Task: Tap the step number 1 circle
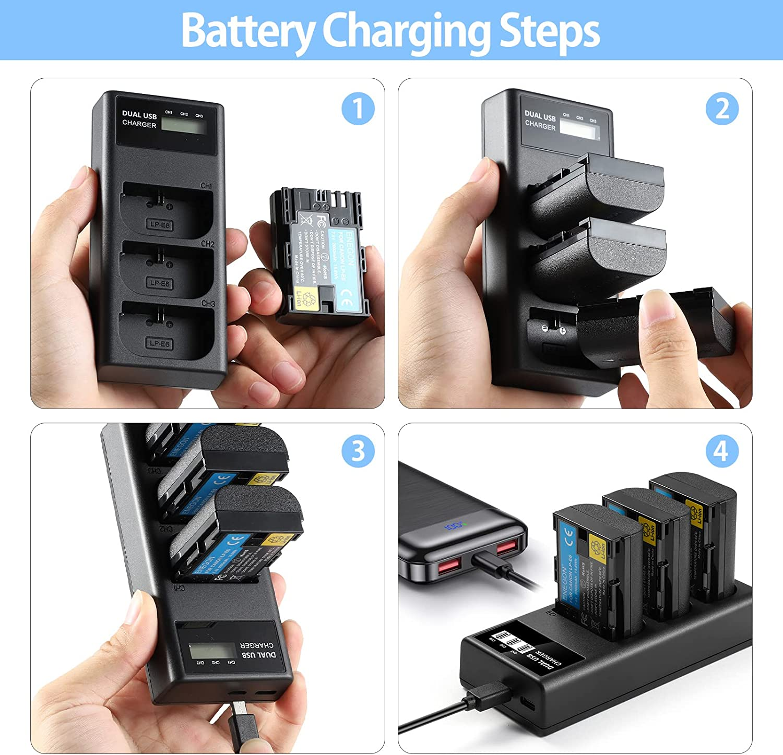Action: [x=358, y=109]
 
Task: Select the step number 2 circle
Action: [x=722, y=109]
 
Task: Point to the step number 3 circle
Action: [x=358, y=451]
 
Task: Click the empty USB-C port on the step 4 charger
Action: [x=527, y=703]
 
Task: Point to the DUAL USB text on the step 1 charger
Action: [x=139, y=115]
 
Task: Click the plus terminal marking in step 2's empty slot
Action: [x=562, y=330]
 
